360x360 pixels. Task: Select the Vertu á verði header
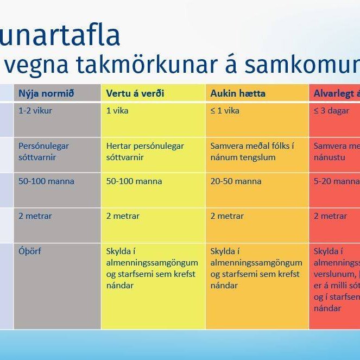pos(135,93)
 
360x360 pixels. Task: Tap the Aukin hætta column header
pos(238,93)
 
